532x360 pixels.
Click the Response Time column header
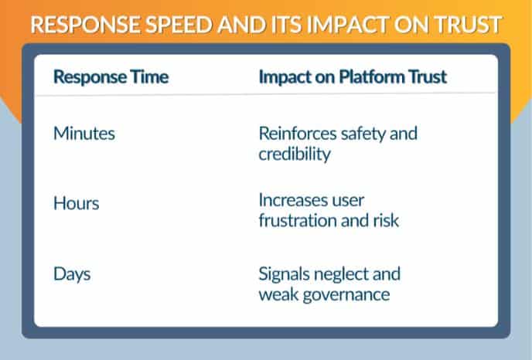pos(111,77)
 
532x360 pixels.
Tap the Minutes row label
pos(84,134)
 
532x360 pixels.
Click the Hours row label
pos(76,204)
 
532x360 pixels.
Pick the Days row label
pos(72,274)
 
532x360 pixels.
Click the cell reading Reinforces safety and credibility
pos(337,144)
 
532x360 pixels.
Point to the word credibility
pos(295,154)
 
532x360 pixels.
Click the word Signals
pos(284,274)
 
